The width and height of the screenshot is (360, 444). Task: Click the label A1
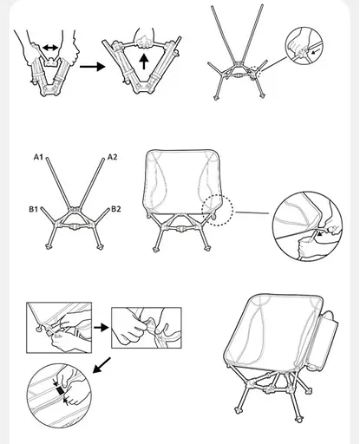click(39, 157)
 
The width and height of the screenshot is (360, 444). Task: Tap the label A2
click(112, 157)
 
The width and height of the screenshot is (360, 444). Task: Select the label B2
click(116, 209)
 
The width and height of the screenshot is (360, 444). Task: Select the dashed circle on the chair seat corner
click(217, 208)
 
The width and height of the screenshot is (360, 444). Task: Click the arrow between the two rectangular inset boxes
click(100, 328)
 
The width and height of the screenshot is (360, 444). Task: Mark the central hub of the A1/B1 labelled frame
click(74, 219)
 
